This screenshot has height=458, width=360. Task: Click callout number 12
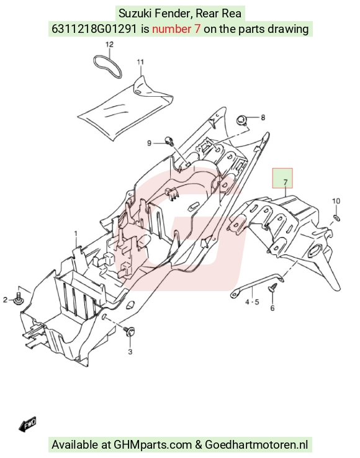tap(109, 45)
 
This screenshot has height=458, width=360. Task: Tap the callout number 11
tap(140, 62)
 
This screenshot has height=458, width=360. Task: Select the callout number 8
tap(263, 117)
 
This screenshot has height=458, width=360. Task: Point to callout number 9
tap(150, 143)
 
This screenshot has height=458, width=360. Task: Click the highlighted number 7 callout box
tap(282, 178)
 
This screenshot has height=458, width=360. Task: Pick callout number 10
tap(336, 201)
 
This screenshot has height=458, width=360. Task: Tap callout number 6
tap(272, 308)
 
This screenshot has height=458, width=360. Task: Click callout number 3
tap(130, 352)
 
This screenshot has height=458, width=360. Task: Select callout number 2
tap(5, 300)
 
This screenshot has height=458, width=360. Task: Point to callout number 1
tap(76, 234)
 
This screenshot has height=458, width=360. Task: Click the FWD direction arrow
tap(27, 424)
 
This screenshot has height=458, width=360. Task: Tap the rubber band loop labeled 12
tap(107, 66)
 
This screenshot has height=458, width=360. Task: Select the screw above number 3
tap(130, 332)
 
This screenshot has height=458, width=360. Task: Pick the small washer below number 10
tap(336, 218)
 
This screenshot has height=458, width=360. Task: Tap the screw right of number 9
tap(169, 140)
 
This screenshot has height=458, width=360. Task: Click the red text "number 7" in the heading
tap(176, 29)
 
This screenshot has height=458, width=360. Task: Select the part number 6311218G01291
tap(94, 29)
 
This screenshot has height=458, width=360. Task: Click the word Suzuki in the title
tap(133, 14)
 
